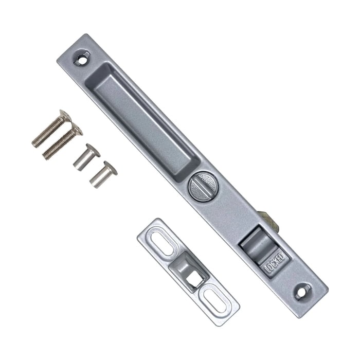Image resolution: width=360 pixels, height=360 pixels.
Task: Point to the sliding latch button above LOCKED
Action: click(259, 244)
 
